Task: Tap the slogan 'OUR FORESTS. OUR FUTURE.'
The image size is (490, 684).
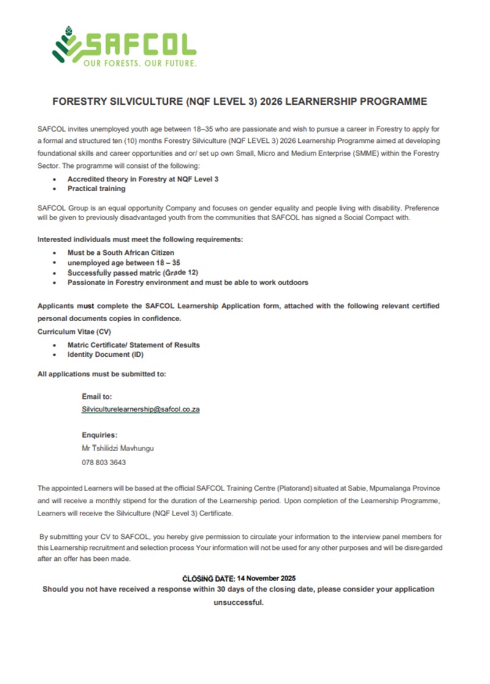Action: click(x=140, y=64)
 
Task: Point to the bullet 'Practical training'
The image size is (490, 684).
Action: click(x=96, y=189)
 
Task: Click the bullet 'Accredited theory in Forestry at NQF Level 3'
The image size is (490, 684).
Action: click(x=143, y=179)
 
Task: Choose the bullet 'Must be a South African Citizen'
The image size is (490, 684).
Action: click(x=121, y=253)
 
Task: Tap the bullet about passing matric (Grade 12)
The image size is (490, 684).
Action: click(x=133, y=272)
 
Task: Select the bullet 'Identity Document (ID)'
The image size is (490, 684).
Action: click(x=105, y=354)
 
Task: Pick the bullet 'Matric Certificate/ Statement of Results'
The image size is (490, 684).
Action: click(x=134, y=345)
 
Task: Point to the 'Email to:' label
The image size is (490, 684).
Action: click(x=97, y=397)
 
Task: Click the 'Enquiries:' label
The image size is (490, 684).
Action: click(x=99, y=435)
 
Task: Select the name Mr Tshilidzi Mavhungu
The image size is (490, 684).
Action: click(x=118, y=448)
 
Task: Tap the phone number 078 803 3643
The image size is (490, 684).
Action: click(x=104, y=462)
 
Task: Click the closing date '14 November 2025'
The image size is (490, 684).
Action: click(x=266, y=578)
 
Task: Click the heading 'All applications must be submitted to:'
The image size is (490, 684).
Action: click(x=102, y=373)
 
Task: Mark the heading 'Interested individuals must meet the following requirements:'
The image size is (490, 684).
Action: click(x=144, y=238)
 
